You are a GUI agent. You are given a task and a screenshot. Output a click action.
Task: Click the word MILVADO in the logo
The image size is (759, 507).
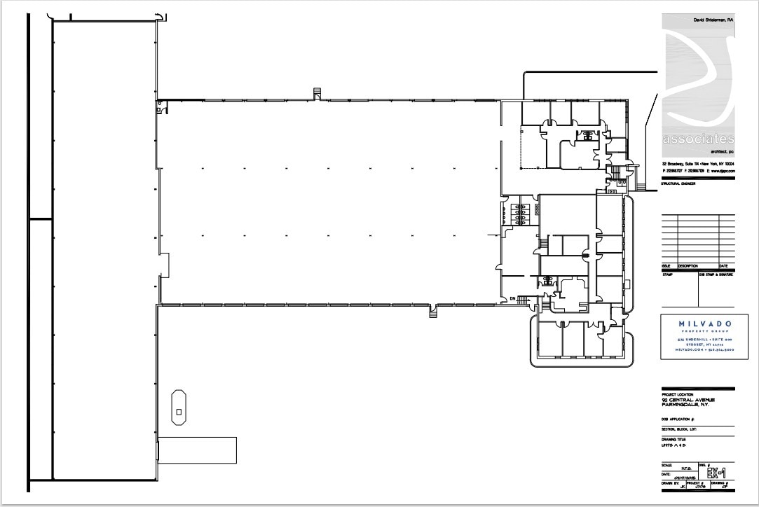coord(697,324)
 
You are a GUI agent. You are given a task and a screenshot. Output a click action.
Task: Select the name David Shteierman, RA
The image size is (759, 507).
coord(713,21)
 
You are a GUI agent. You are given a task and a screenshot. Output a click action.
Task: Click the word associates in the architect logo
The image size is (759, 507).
coord(698,139)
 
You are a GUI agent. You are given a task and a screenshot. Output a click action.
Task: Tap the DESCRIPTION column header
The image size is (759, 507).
coord(688,266)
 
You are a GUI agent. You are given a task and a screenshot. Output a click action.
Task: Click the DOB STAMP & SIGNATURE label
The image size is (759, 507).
coord(716,274)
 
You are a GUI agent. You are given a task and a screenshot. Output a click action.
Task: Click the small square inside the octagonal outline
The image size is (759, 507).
coord(179,410)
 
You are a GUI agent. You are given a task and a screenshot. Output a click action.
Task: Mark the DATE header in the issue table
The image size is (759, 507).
coord(723,266)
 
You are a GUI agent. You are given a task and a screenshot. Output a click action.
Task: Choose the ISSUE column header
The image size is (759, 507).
coord(666,266)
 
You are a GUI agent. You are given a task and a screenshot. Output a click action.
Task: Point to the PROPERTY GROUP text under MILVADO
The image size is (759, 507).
coord(697,331)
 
